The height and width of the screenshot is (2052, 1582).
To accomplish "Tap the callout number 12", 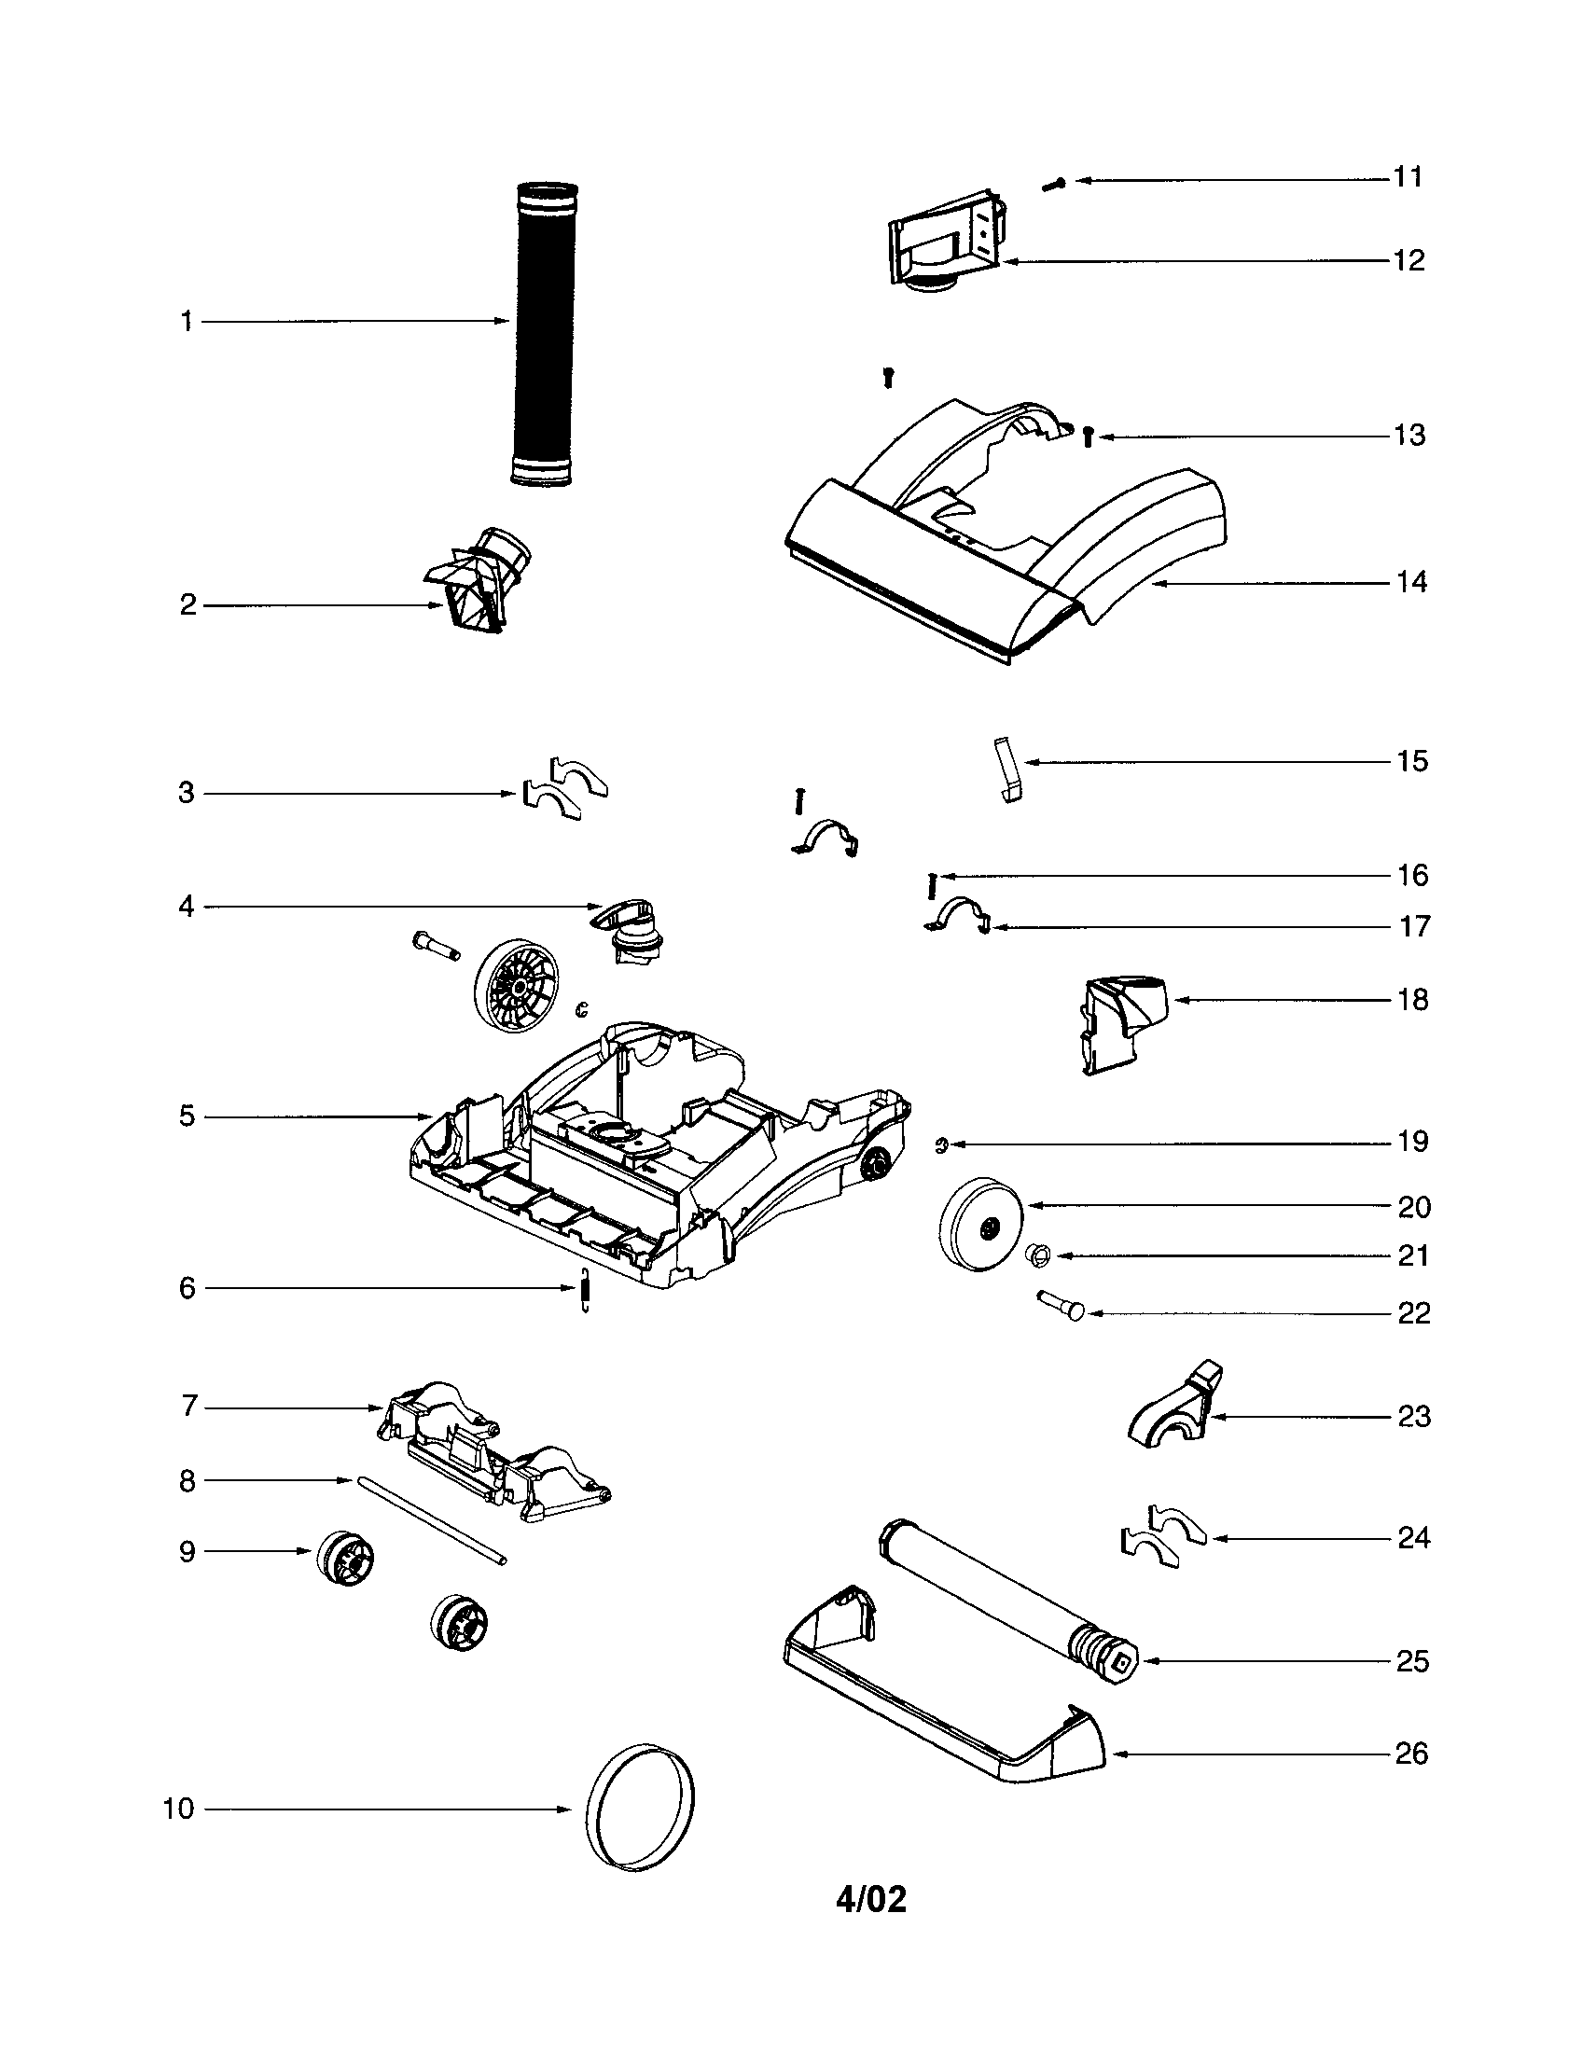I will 1409,260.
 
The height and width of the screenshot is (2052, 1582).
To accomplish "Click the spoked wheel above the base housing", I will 518,986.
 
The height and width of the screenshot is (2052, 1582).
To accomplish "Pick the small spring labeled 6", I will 584,1288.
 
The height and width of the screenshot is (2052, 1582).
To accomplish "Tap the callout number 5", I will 187,1116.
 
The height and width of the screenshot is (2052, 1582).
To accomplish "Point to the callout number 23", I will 1413,1416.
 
